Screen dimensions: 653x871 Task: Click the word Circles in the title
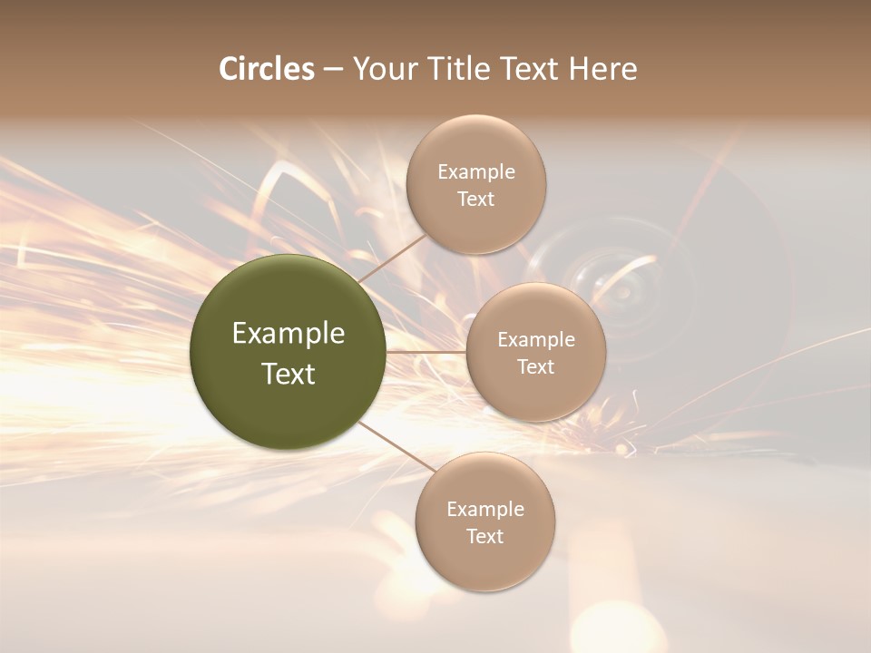coord(266,69)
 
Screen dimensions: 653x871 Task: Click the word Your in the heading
coord(382,69)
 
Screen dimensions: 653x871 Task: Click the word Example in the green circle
coord(289,334)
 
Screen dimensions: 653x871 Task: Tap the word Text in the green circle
coord(289,374)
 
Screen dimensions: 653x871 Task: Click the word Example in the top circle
coord(476,172)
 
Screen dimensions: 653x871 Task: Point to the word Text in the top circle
coord(476,200)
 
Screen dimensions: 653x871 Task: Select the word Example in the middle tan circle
coord(536,340)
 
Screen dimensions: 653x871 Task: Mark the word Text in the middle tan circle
coord(536,367)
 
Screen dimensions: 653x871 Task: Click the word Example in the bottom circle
coord(485,510)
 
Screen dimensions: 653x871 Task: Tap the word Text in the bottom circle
coord(485,537)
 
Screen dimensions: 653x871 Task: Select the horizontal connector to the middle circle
coord(426,351)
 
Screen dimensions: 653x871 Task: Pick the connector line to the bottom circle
coord(393,446)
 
